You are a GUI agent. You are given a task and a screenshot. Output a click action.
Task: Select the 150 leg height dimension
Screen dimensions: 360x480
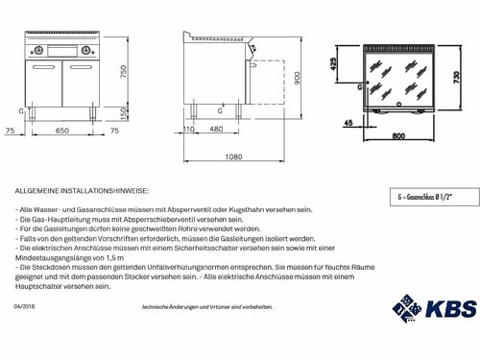point(123,113)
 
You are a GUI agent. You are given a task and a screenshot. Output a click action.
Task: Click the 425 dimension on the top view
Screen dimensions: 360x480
point(334,63)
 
